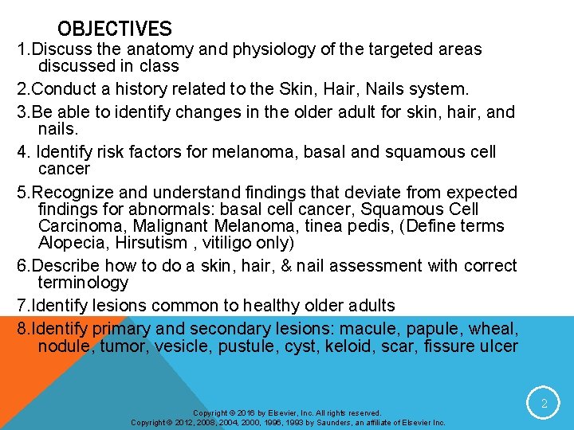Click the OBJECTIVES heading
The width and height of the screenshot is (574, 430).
pyautogui.click(x=114, y=29)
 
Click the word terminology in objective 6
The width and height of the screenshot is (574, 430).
pyautogui.click(x=83, y=283)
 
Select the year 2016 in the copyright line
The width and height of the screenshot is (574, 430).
pyautogui.click(x=246, y=413)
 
